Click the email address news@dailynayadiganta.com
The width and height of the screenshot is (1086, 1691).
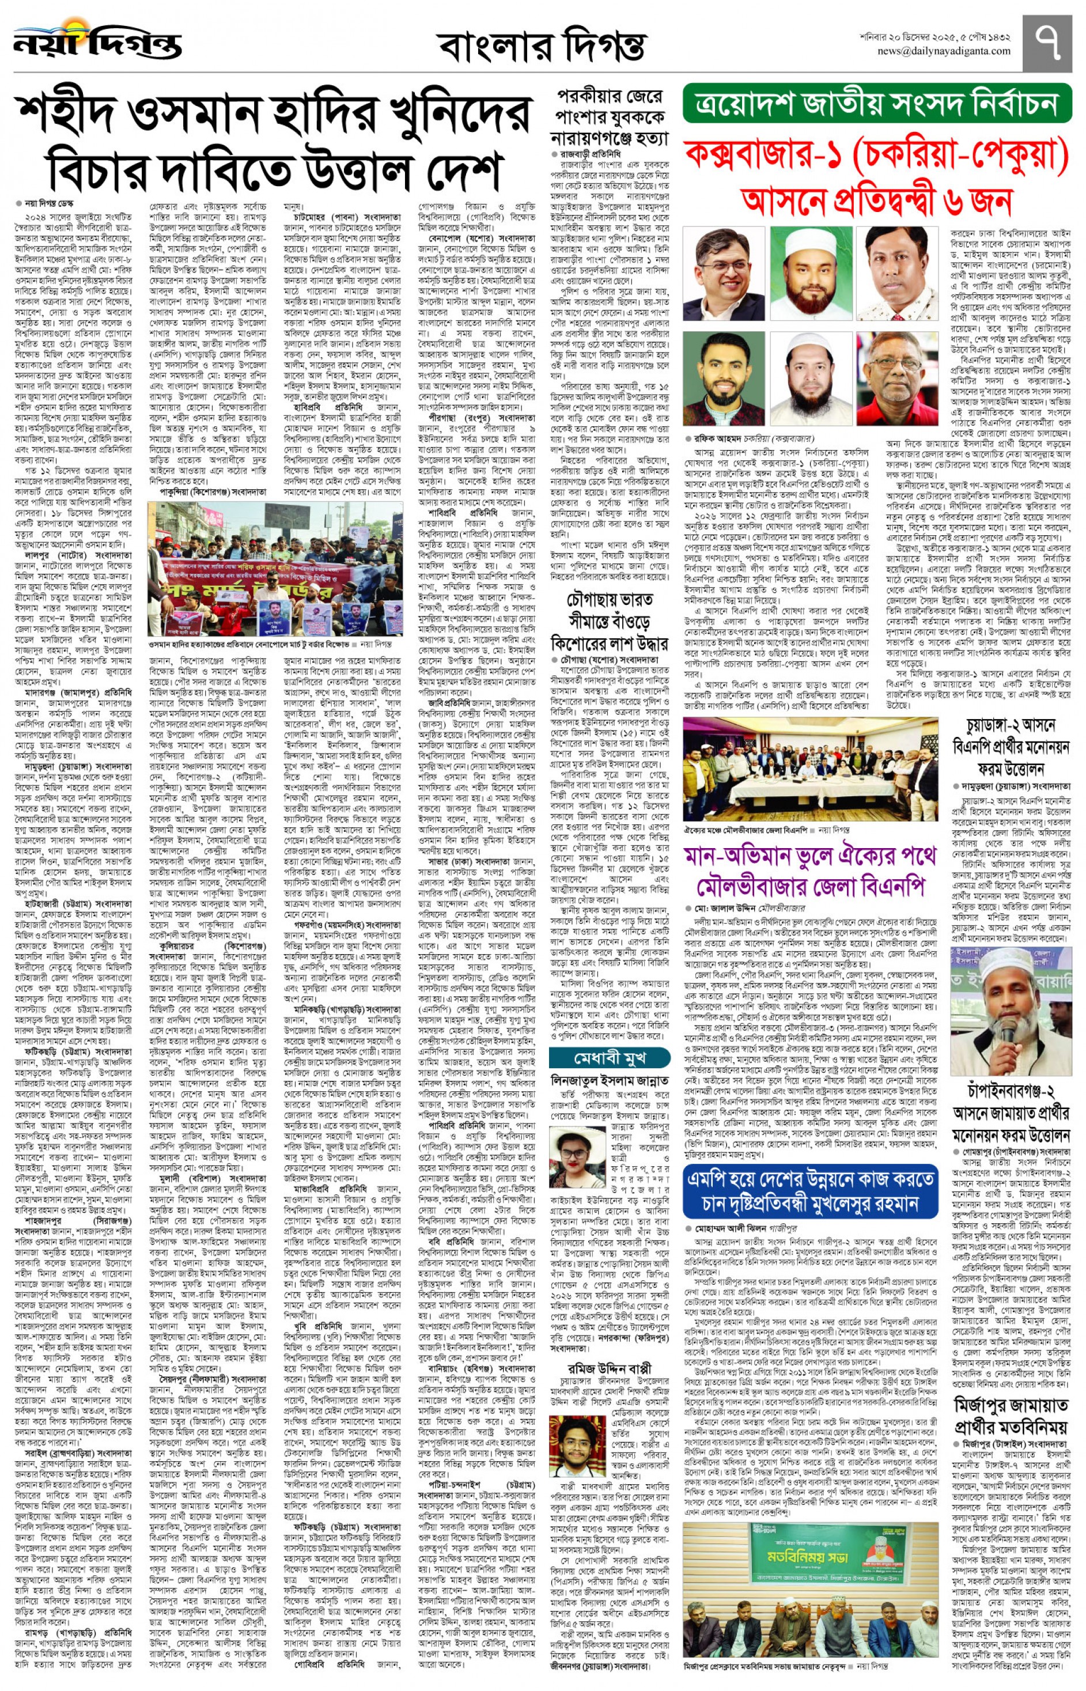pyautogui.click(x=943, y=51)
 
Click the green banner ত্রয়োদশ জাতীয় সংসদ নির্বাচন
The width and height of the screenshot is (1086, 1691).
pyautogui.click(x=876, y=104)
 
